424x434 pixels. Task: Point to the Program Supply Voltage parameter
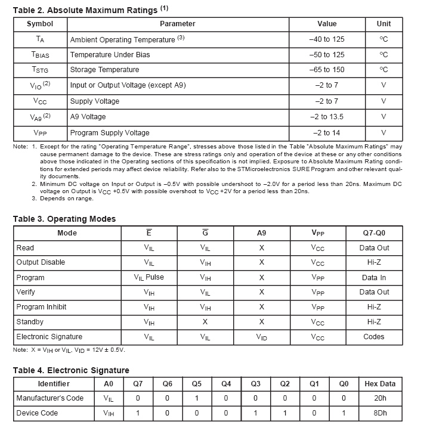coord(110,132)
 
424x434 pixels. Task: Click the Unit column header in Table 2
coord(383,24)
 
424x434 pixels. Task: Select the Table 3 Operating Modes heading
coord(64,219)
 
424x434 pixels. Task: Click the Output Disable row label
coord(41,262)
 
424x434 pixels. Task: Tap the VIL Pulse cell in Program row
coord(149,277)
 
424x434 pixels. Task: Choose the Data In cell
coord(374,277)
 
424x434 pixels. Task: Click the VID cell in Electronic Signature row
coord(261,337)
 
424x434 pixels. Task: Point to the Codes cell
coord(374,337)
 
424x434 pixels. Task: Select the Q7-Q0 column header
coord(374,233)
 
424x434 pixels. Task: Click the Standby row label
coord(30,322)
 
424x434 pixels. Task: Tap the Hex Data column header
coord(380,383)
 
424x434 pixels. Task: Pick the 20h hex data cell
coord(380,398)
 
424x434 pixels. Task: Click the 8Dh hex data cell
coord(380,413)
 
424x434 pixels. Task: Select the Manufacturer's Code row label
coord(50,398)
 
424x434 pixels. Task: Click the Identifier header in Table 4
coord(54,383)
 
